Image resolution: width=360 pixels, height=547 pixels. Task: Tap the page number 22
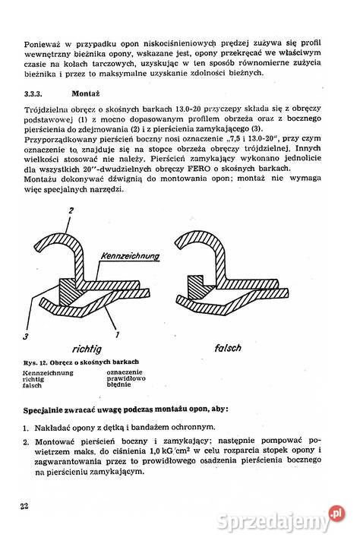(24, 506)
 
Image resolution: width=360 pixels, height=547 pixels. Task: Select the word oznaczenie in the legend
(126, 372)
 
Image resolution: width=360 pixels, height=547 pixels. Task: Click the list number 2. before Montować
(27, 441)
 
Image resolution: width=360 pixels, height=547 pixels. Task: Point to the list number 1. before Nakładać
(27, 427)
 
